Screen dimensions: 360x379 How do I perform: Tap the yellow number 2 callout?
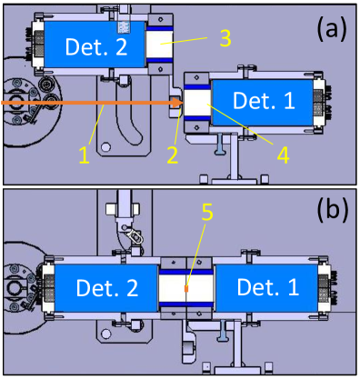[173, 155]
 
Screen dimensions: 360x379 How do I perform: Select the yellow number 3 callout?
[225, 38]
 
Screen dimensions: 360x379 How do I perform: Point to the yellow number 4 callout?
[283, 155]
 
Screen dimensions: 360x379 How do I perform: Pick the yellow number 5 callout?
[207, 213]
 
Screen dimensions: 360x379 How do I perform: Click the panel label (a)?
[332, 29]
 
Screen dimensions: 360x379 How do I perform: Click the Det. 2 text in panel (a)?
[96, 46]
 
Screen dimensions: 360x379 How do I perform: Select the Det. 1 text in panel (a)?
[264, 100]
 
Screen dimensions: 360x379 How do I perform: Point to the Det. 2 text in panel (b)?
[107, 287]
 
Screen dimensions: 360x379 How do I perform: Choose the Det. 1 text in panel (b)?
[268, 286]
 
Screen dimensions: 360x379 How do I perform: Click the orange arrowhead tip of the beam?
[183, 103]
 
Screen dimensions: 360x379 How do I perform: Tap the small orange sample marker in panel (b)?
[186, 289]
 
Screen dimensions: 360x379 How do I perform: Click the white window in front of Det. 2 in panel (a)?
[160, 45]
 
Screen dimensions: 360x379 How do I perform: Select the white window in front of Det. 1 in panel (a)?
[197, 103]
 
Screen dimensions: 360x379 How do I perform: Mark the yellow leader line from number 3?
[184, 41]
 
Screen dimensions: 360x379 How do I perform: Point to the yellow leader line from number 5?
[196, 254]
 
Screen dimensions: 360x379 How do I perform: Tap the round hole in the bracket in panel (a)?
[105, 147]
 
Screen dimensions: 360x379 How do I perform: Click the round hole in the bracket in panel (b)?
[106, 334]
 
